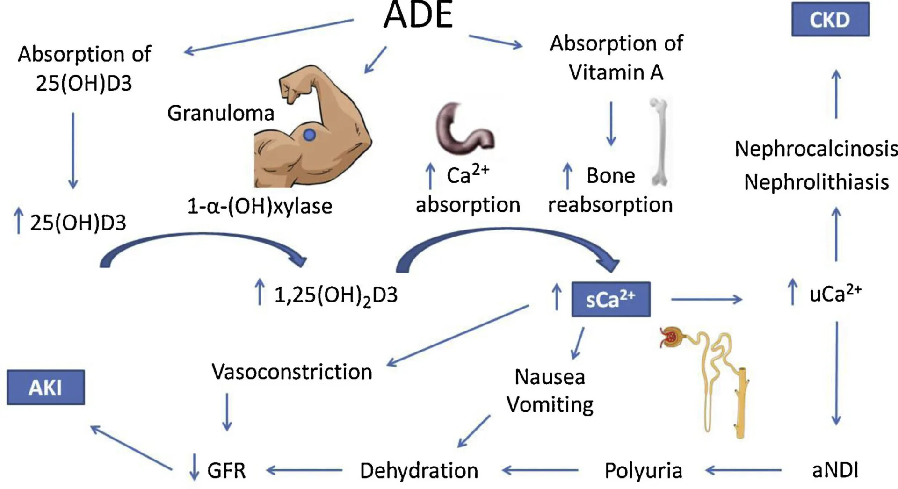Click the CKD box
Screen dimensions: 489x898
pos(830,20)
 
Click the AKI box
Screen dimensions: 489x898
pos(45,388)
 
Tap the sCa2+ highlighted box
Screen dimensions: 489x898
pos(610,300)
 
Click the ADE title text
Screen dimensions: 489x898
pos(418,15)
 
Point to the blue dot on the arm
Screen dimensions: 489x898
pos(309,135)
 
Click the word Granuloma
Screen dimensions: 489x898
pos(221,114)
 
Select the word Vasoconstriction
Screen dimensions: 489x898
pos(291,372)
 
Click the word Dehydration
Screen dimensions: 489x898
pos(419,471)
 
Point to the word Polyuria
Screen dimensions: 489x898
pos(643,471)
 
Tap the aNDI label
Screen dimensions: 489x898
pos(835,470)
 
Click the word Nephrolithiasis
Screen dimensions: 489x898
pos(816,182)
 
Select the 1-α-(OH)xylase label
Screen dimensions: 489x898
pos(260,206)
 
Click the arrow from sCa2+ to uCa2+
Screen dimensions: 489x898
pos(706,299)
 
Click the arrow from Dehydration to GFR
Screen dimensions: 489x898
pos(304,470)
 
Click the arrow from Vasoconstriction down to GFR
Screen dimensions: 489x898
pos(227,411)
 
